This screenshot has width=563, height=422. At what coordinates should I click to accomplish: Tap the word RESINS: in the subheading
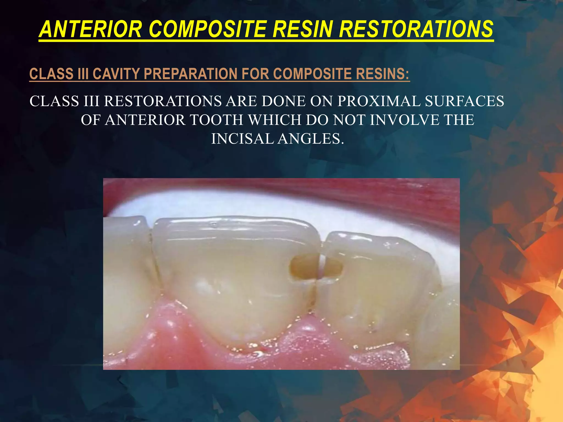click(382, 74)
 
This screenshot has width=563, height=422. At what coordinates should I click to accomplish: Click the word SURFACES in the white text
click(465, 101)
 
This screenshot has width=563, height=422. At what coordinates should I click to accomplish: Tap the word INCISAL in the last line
click(242, 139)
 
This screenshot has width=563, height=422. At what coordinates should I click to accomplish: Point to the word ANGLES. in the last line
click(311, 139)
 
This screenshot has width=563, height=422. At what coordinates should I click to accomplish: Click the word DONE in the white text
click(283, 101)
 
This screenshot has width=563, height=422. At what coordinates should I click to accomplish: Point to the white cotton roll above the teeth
click(275, 203)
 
